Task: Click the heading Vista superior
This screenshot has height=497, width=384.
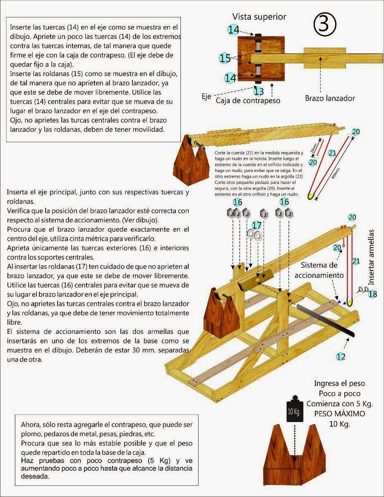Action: (259, 17)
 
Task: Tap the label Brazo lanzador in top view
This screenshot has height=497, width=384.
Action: (330, 98)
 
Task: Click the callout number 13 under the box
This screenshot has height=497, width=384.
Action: (259, 91)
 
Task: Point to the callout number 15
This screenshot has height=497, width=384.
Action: (225, 58)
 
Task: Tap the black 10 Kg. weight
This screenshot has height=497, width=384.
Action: (294, 412)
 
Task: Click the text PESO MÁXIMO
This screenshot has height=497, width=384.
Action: (334, 414)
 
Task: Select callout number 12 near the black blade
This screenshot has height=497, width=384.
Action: (341, 356)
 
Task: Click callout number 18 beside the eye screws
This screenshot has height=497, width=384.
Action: (373, 294)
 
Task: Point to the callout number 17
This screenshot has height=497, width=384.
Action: (257, 225)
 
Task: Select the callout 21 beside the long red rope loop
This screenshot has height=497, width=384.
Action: (332, 153)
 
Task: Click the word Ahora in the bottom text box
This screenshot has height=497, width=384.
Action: (31, 425)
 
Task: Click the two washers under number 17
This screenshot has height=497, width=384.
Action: (254, 235)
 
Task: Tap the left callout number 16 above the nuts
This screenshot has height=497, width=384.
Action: (238, 203)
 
